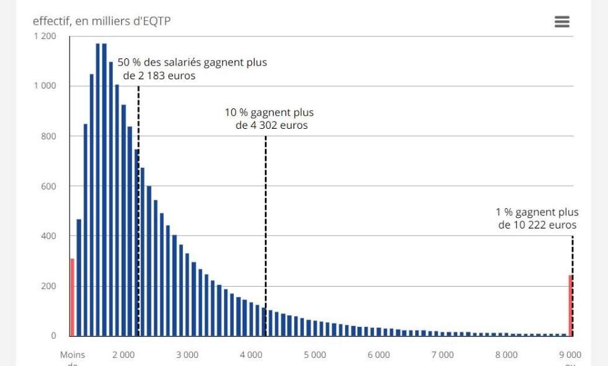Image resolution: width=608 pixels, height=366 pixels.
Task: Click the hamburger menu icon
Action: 561,22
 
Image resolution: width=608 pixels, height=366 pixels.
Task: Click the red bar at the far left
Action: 72,297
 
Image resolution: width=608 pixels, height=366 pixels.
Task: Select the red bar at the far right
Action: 570,305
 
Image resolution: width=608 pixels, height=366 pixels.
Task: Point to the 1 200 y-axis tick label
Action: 45,36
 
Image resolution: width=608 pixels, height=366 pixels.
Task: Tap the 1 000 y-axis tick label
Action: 45,86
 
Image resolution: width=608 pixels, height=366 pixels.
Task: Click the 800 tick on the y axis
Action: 49,136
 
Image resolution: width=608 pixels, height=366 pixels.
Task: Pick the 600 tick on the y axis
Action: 49,186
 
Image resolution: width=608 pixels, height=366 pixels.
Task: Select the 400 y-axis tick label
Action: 49,236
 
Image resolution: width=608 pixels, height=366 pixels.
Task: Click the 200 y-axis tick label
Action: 49,286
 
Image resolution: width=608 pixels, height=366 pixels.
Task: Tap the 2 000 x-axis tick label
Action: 123,355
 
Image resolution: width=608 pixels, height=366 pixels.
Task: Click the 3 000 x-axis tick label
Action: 187,355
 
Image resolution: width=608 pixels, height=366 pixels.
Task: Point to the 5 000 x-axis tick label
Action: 315,355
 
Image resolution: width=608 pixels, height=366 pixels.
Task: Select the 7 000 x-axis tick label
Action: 442,355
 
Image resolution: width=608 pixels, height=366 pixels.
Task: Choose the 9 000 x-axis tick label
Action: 570,355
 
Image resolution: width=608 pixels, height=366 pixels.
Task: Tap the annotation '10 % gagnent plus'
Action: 269,113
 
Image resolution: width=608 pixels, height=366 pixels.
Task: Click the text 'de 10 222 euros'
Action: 537,225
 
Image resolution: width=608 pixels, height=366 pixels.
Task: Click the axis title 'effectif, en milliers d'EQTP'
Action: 102,21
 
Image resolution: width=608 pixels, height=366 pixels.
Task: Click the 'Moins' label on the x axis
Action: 72,355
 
